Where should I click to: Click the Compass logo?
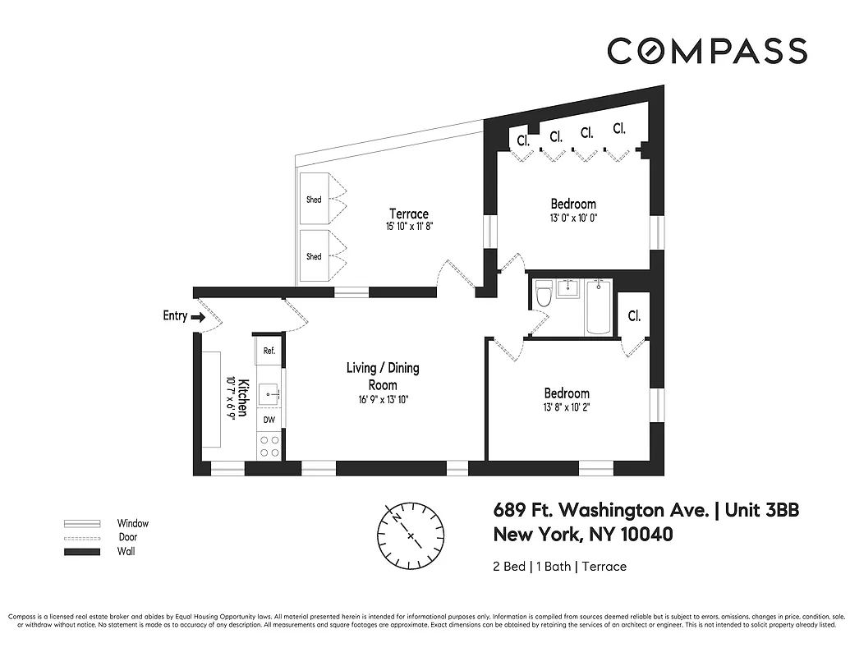706,51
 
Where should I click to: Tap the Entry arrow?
197,316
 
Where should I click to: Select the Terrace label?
408,214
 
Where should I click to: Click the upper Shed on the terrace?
315,199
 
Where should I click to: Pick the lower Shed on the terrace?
315,256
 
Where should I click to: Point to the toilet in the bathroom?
542,296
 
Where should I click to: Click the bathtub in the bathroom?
598,307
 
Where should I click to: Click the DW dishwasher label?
269,420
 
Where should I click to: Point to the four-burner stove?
269,446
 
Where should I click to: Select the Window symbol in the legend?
82,524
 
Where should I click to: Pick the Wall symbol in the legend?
82,552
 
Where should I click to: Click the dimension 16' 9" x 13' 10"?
383,400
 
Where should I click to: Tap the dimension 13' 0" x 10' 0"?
572,218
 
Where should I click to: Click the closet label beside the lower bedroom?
634,316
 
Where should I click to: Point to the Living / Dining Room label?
383,376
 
